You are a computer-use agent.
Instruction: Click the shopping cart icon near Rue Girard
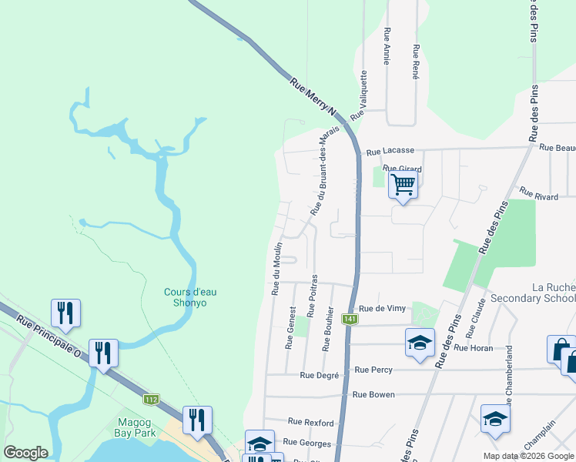(x=403, y=185)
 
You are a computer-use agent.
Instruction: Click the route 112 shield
(x=151, y=399)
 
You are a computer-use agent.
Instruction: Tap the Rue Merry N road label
(x=314, y=96)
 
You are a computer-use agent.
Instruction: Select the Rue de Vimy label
(x=382, y=308)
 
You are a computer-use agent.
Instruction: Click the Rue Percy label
(x=373, y=370)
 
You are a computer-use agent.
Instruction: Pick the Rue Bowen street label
(x=373, y=394)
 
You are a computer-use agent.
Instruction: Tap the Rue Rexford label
(x=310, y=423)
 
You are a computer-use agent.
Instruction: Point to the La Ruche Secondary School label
(x=532, y=293)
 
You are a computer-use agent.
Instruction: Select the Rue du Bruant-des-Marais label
(x=324, y=171)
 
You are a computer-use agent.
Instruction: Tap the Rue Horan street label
(x=473, y=348)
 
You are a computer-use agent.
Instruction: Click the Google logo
(x=25, y=453)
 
